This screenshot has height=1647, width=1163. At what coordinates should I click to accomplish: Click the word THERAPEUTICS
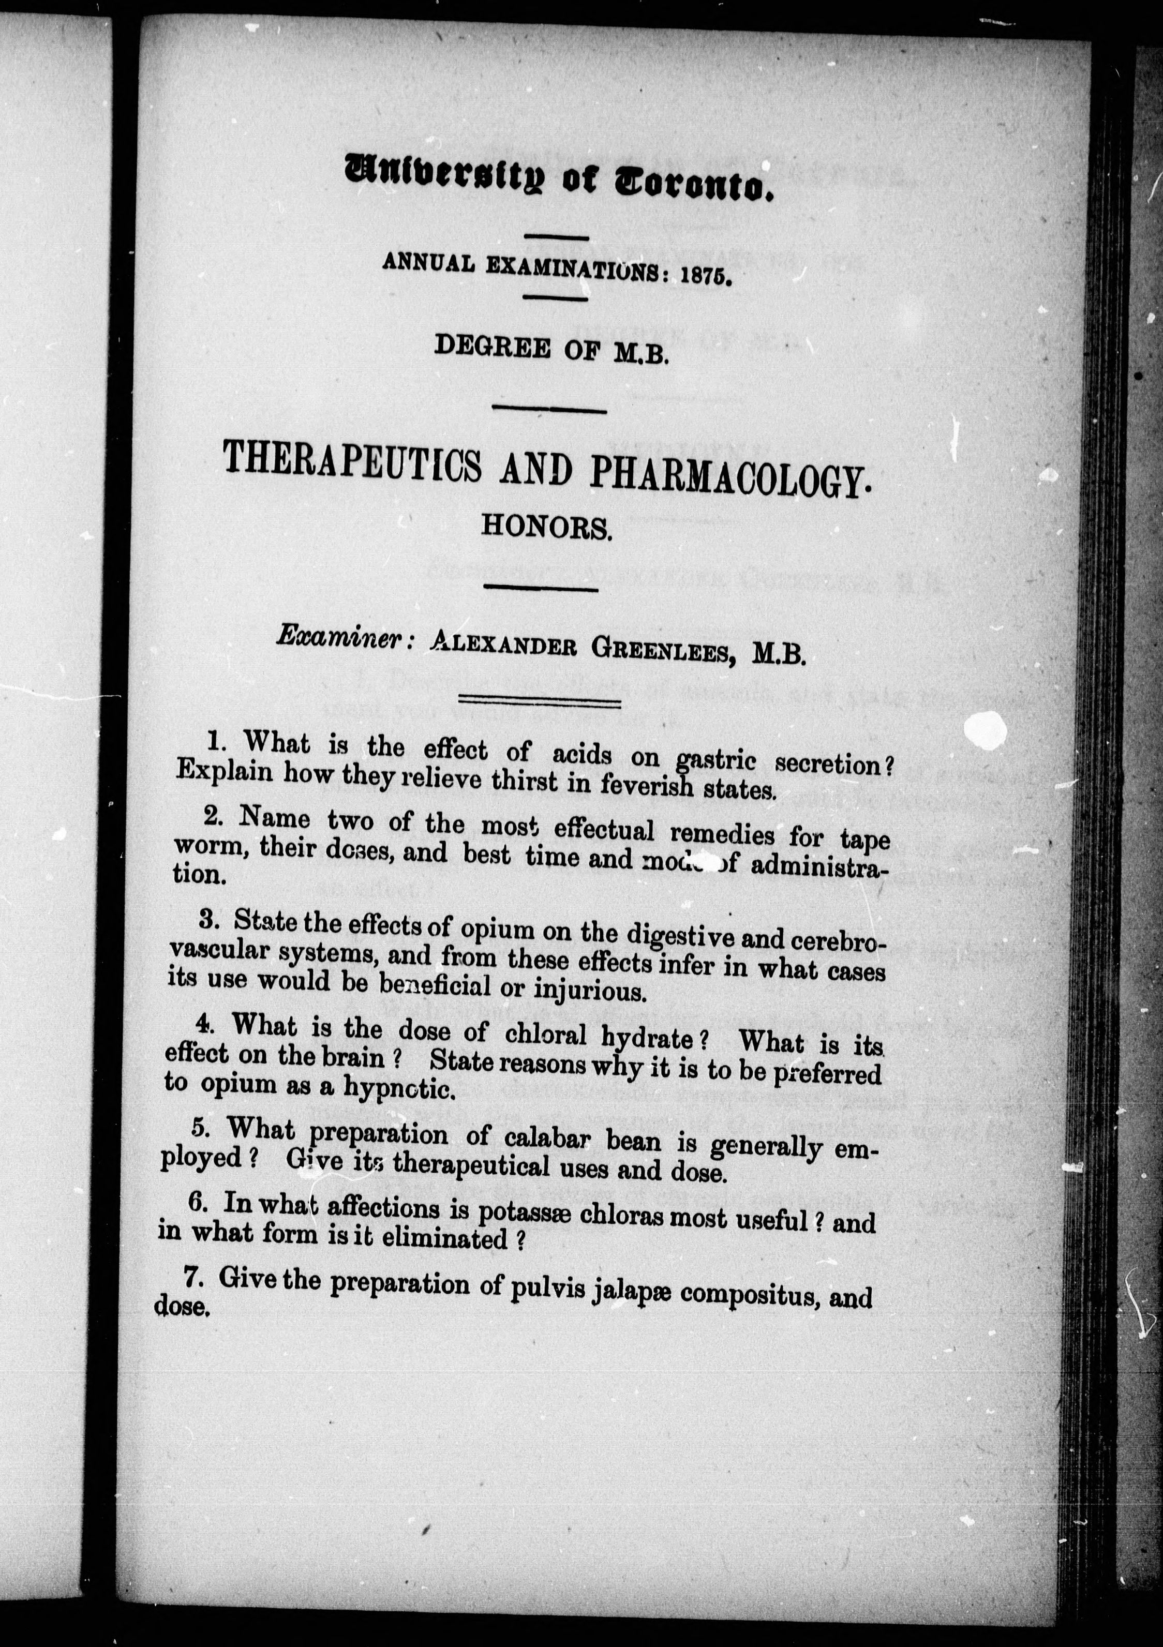tap(352, 459)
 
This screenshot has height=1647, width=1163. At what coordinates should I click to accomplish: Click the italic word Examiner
tap(339, 636)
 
